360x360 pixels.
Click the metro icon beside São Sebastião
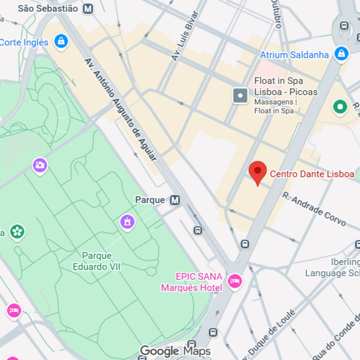click(x=89, y=9)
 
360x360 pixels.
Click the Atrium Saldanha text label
click(x=294, y=55)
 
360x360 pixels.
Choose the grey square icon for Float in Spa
click(x=240, y=95)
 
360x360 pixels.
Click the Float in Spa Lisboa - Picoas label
click(x=286, y=86)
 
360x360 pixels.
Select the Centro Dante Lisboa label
click(x=312, y=174)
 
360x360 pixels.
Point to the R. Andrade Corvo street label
click(x=314, y=209)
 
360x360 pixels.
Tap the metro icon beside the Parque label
click(x=175, y=200)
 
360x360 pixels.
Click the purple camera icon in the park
click(x=40, y=165)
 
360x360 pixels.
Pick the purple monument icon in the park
click(x=127, y=221)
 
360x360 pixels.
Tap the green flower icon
click(x=17, y=232)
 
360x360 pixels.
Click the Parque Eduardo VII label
click(x=97, y=261)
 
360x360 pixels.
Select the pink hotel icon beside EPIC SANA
click(x=234, y=282)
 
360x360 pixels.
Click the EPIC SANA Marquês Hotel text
click(x=192, y=282)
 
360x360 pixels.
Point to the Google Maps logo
click(x=175, y=351)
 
